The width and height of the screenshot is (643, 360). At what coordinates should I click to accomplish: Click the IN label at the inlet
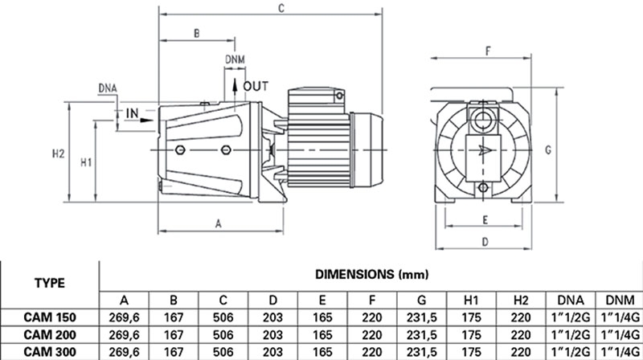coord(133,112)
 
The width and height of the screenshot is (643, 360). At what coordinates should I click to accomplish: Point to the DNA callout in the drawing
coord(108,87)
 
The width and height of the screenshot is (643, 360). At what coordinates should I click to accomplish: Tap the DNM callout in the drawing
coord(235,60)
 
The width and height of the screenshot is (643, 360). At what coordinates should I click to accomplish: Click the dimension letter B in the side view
coord(196,33)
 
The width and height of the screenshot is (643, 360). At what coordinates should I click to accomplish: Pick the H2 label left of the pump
coord(57,153)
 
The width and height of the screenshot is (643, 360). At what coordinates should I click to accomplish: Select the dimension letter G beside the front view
coord(569,149)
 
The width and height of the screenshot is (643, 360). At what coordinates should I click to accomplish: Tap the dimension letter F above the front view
coord(487,50)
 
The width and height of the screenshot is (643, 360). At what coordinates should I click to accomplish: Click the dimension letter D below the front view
coord(485,241)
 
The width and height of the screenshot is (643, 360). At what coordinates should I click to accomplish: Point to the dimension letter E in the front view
coord(485,219)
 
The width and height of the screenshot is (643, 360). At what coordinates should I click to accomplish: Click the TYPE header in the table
coord(50,284)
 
